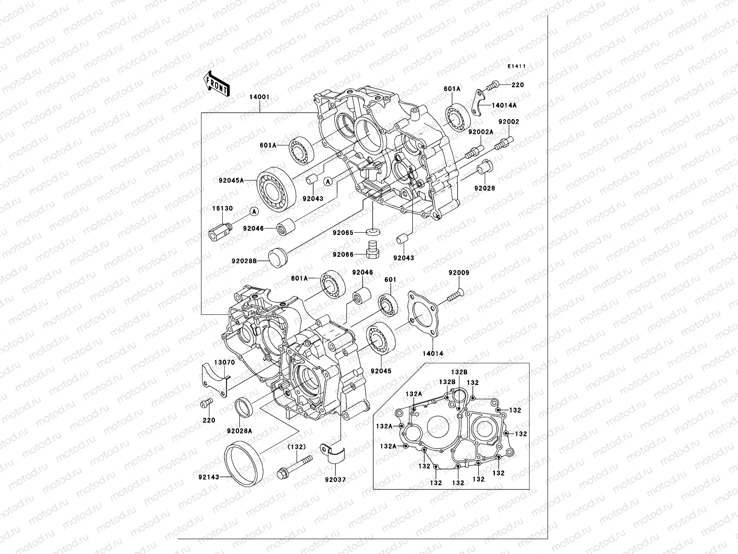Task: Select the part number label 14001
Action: point(259,98)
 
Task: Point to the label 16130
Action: point(222,209)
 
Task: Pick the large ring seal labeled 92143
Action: point(242,462)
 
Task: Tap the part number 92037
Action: point(335,480)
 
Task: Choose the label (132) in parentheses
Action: point(298,447)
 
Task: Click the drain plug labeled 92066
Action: point(371,249)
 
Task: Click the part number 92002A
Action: point(481,132)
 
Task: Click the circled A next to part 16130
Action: point(254,211)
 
